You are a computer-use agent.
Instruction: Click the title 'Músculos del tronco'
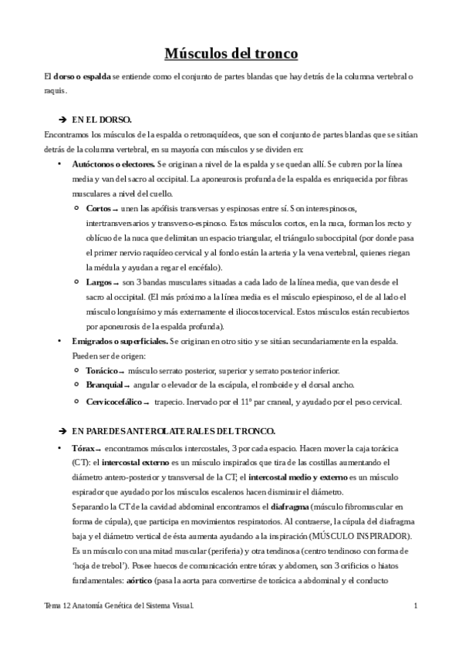pyautogui.click(x=231, y=53)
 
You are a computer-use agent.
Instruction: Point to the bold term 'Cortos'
pyautogui.click(x=98, y=209)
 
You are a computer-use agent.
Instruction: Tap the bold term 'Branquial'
pyautogui.click(x=104, y=385)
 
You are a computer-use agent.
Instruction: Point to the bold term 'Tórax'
pyautogui.click(x=83, y=448)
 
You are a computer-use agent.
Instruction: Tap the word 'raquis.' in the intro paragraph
pyautogui.click(x=56, y=91)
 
